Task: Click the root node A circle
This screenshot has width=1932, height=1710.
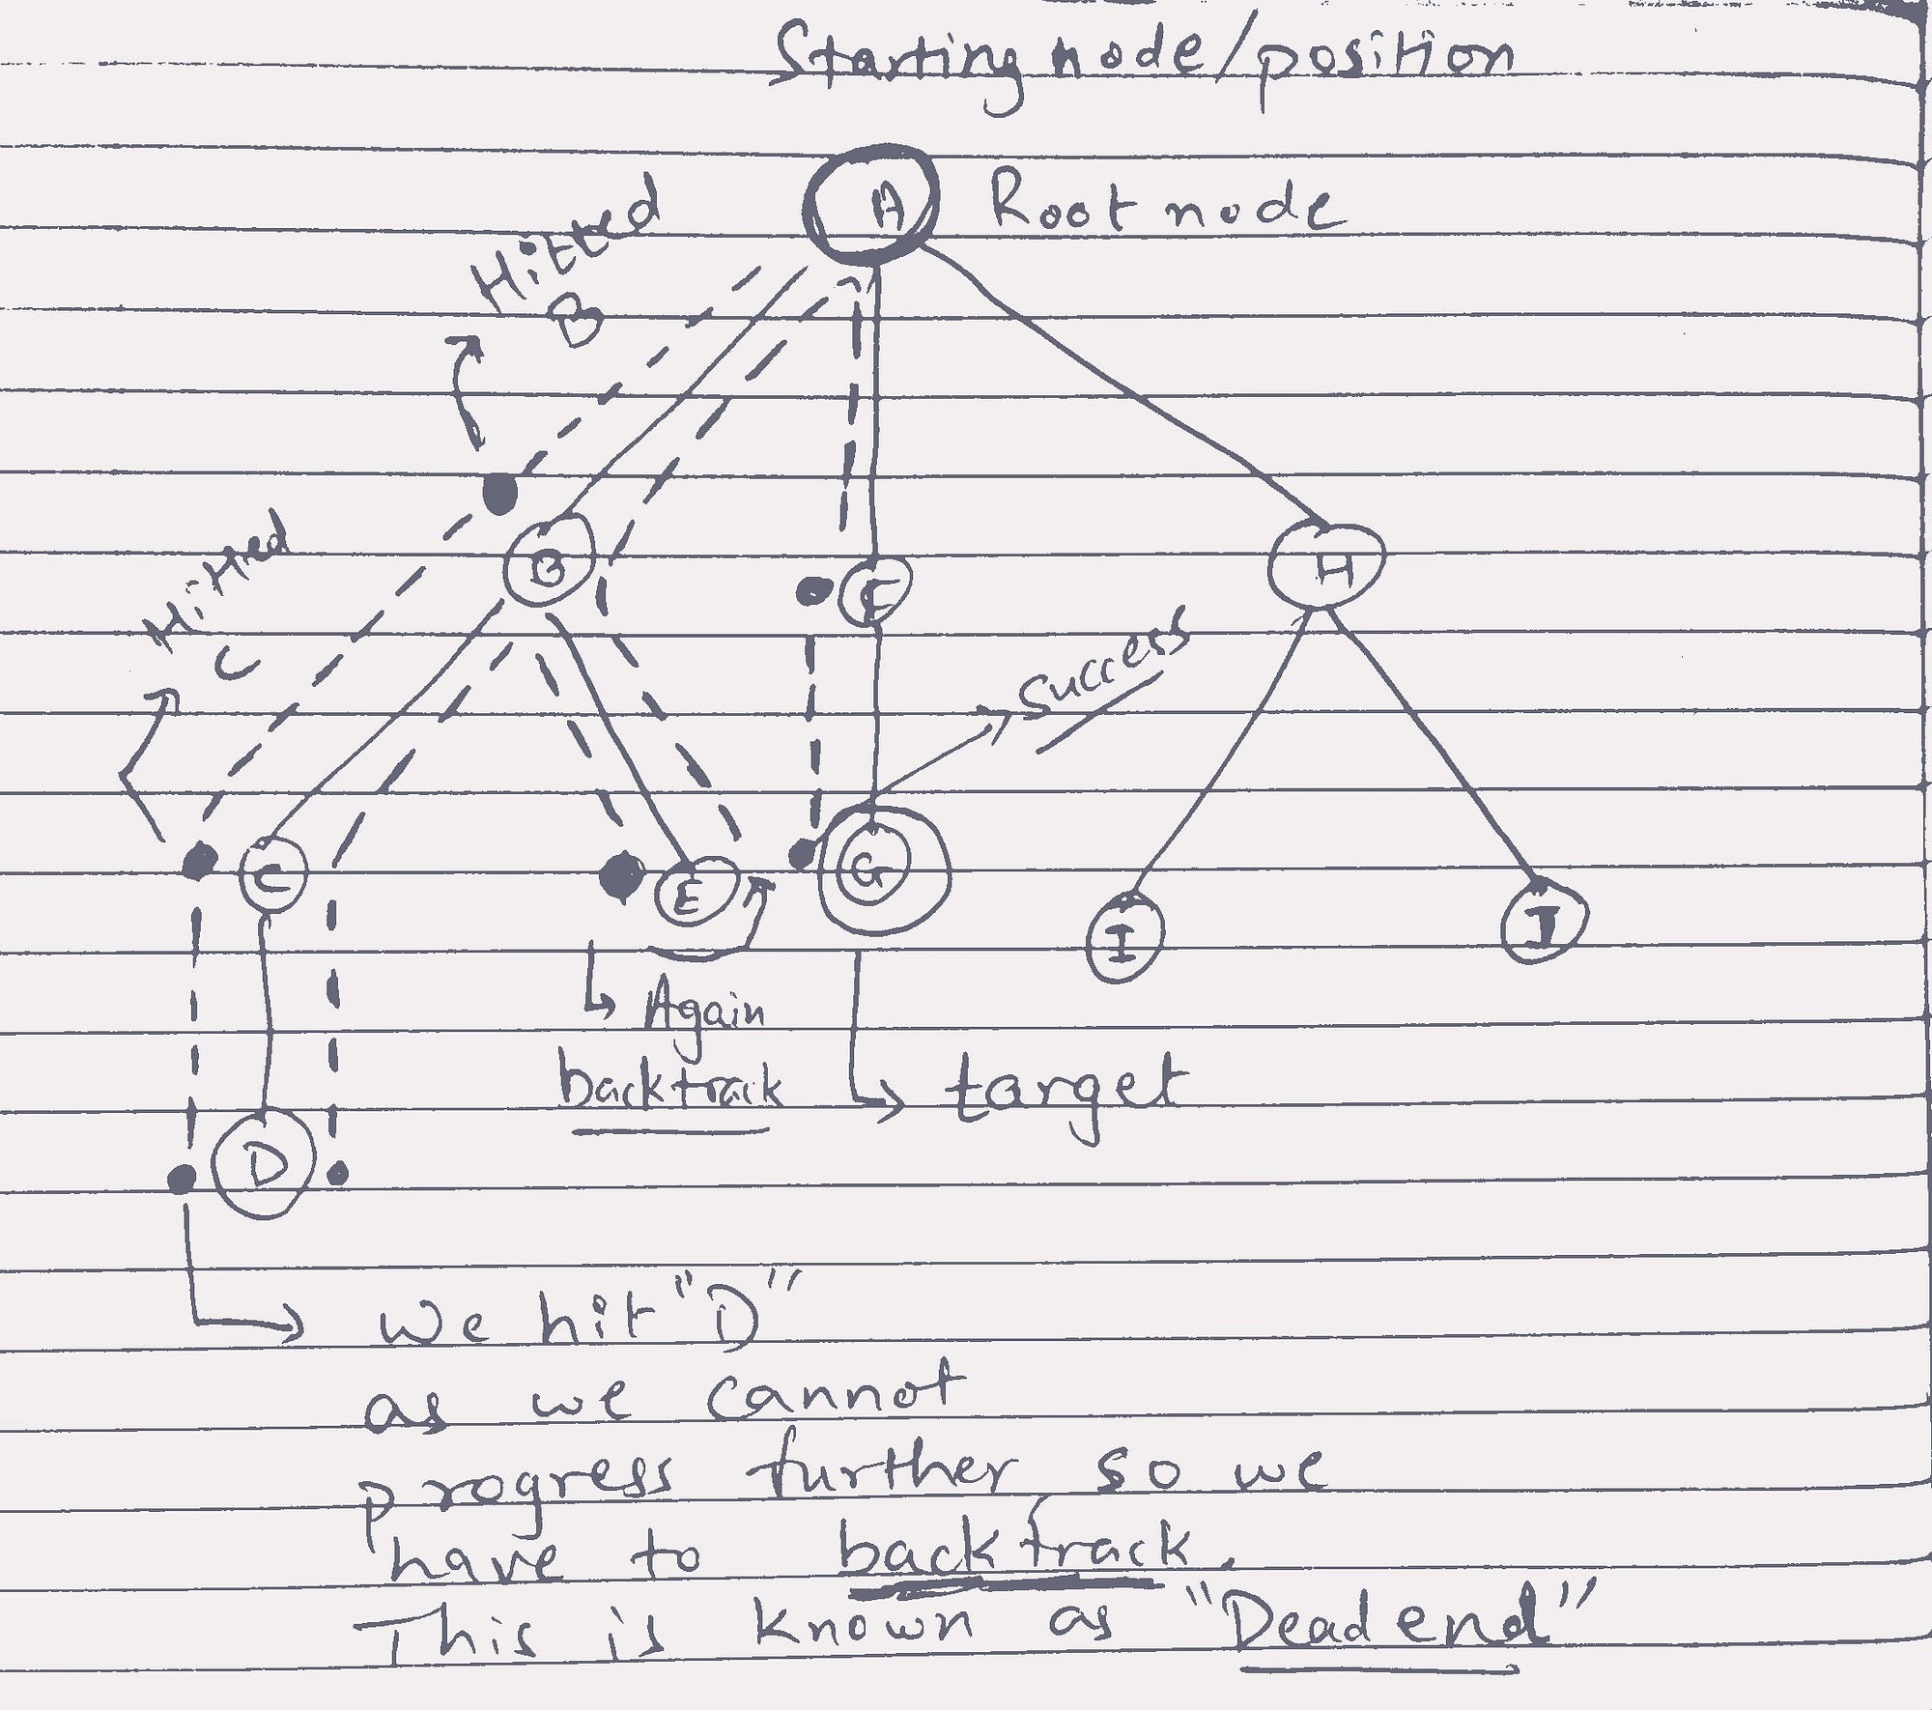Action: (871, 203)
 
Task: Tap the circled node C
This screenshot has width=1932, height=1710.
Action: (272, 875)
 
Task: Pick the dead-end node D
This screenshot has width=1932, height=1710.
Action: (263, 1167)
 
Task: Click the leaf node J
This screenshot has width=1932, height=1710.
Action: (1544, 922)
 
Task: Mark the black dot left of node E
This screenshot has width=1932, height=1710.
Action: (619, 876)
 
